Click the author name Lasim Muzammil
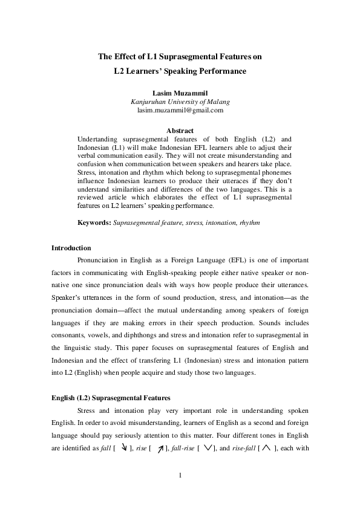(180, 92)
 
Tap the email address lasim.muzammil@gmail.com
(180, 111)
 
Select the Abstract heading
(180, 131)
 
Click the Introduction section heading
(71, 248)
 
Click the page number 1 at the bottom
(180, 475)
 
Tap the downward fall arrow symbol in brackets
(123, 447)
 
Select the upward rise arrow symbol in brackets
(160, 448)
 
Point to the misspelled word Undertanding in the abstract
(97, 139)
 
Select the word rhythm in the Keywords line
(249, 223)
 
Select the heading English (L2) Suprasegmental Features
(111, 398)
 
